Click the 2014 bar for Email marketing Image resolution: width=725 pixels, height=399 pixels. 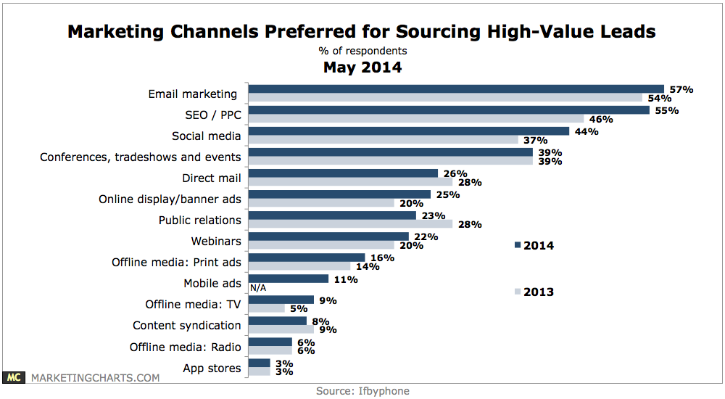pos(456,89)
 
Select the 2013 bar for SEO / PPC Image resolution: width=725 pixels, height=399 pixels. pos(416,118)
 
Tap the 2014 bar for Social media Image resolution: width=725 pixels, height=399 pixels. pos(409,131)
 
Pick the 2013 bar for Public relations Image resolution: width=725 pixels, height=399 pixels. pos(350,223)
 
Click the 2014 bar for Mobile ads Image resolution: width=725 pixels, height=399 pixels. pos(289,279)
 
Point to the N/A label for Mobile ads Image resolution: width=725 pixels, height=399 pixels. pos(257,287)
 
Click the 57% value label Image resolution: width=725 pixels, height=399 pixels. pos(681,89)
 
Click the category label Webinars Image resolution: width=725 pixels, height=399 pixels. pos(216,240)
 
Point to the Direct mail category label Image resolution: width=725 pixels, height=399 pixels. pos(211,177)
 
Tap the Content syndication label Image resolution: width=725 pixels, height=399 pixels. pos(186,325)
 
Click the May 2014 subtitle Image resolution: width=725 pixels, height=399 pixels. pos(362,68)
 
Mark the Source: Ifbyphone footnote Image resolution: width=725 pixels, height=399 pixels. pos(362,391)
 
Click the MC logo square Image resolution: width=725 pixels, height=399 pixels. pos(13,377)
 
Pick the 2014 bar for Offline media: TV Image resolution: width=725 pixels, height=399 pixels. pos(281,300)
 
